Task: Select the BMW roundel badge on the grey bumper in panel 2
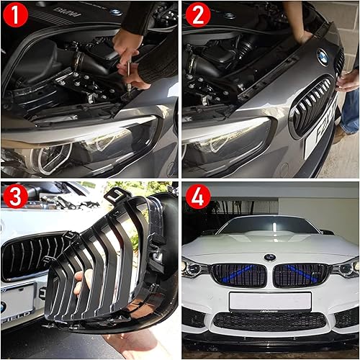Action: point(322,57)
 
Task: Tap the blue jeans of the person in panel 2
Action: point(351,108)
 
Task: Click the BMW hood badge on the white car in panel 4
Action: point(269,257)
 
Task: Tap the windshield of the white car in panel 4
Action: point(270,228)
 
